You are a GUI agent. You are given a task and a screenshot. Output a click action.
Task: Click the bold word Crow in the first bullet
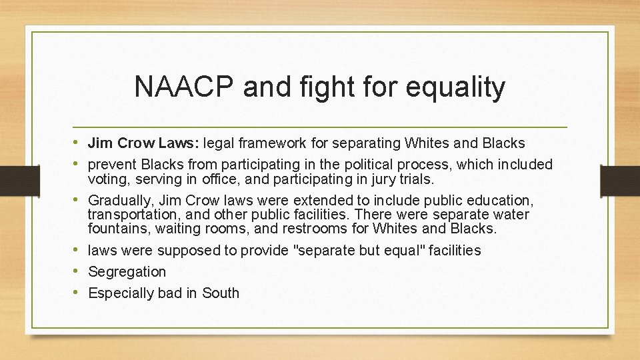(135, 143)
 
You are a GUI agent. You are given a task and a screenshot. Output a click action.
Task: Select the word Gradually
(120, 200)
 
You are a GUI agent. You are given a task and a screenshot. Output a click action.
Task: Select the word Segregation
(127, 272)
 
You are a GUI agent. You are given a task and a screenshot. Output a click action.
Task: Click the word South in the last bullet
(221, 293)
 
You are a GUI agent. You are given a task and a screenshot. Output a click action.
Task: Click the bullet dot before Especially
(79, 293)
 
